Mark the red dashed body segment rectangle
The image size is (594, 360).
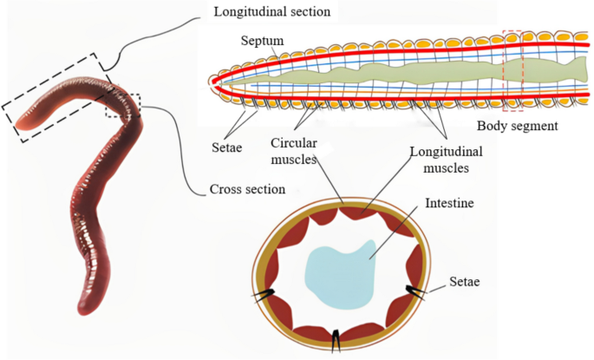(512, 70)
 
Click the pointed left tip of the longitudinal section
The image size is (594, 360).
(213, 81)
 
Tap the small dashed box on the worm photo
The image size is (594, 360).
(123, 104)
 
